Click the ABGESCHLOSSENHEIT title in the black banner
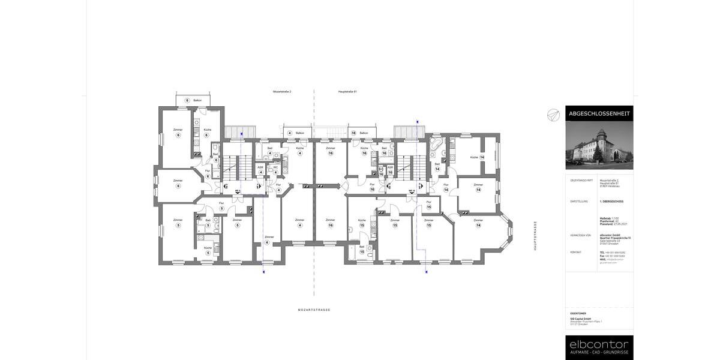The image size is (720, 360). pos(599,113)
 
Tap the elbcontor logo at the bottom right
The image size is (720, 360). pos(599,344)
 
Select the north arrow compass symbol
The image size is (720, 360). pos(553,115)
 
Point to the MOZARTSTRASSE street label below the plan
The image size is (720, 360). pos(314,310)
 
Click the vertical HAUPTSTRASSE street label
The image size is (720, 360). pos(535,236)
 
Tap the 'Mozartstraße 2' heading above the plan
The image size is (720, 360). pos(282,92)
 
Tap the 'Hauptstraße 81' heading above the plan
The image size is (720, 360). pos(347,92)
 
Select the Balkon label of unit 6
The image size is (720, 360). pos(197,100)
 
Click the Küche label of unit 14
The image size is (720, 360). pos(474,157)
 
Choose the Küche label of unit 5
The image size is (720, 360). pos(208,248)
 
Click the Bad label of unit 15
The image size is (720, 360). pos(362,247)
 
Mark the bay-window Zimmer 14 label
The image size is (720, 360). pos(478,220)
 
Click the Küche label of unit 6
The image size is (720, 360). pos(208,130)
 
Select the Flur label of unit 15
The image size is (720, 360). pos(428,202)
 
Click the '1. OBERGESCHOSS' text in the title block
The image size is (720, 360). pos(611,202)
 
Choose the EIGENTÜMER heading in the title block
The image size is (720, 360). pos(578,313)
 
